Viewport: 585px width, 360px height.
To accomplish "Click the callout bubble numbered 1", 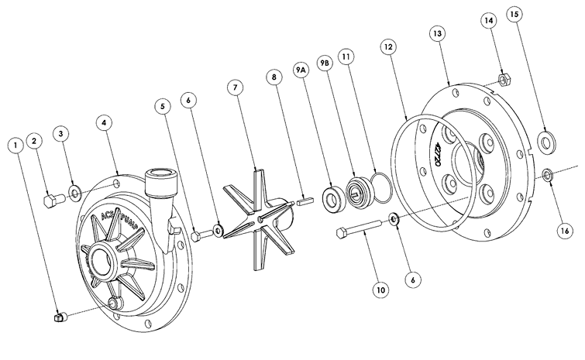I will tap(15, 145).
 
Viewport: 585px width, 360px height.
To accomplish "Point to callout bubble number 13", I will tap(438, 33).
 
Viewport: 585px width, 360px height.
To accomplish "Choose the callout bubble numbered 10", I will tap(380, 291).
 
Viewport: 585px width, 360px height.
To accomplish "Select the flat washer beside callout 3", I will tap(75, 191).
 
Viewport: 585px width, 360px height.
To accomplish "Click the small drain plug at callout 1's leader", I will tap(58, 316).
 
